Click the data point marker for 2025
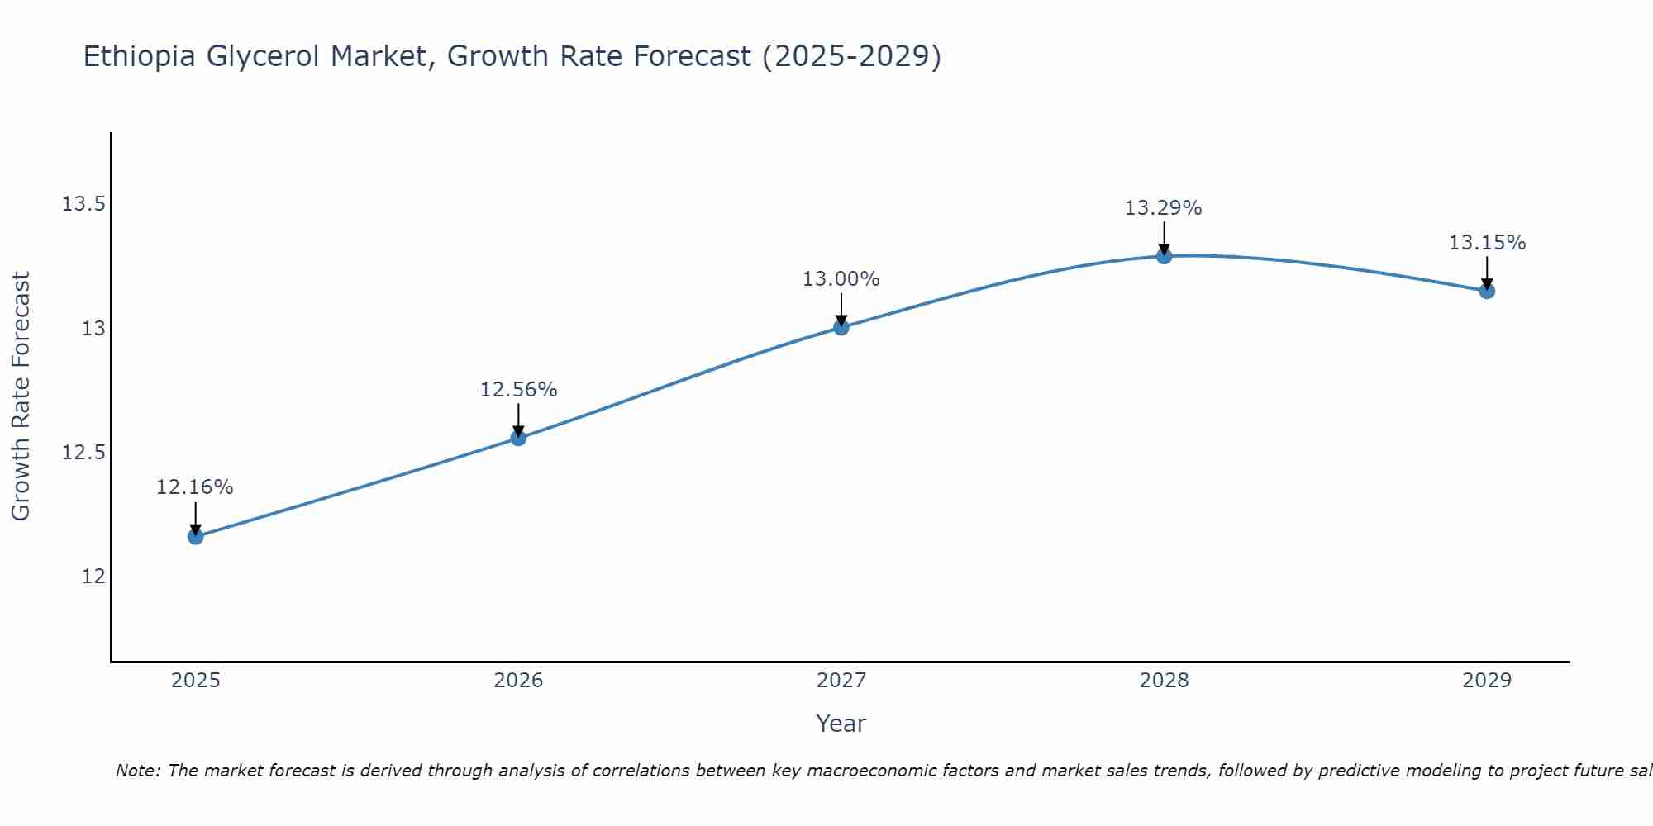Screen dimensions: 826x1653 [195, 537]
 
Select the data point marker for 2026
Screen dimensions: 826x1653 [518, 438]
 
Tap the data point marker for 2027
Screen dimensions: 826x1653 [841, 327]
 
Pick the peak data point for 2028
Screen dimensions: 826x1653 [1164, 256]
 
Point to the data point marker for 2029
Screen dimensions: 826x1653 [1487, 291]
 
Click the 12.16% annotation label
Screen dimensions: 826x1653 [195, 487]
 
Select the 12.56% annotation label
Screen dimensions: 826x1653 [518, 390]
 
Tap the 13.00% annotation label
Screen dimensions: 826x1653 [841, 279]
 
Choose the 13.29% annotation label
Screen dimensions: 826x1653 [1164, 208]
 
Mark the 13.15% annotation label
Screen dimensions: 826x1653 [1487, 243]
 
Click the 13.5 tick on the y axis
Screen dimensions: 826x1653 [84, 204]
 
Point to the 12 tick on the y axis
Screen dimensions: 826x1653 [93, 577]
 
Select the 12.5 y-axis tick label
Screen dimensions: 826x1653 [84, 453]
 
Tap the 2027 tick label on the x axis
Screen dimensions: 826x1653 [841, 681]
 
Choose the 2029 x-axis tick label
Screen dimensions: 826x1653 [1487, 681]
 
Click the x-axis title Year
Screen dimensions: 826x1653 [841, 724]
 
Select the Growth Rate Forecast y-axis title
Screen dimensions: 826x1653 [21, 396]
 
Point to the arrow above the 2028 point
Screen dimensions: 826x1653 [1164, 238]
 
